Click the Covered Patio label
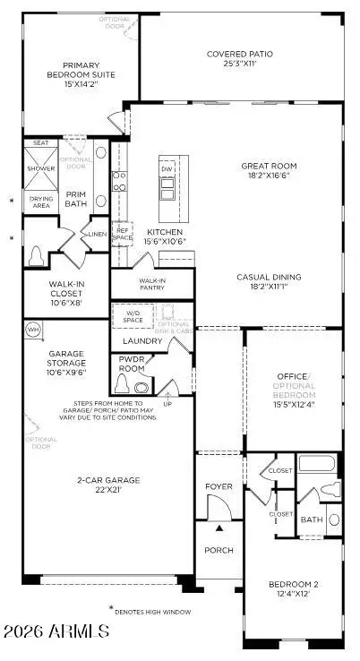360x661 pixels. click(x=240, y=54)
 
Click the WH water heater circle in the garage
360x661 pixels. click(x=34, y=330)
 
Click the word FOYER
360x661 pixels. click(x=219, y=488)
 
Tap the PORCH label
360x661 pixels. click(x=219, y=550)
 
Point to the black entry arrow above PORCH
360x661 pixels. click(x=219, y=531)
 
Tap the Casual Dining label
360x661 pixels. click(x=268, y=277)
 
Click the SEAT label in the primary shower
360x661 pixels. click(x=40, y=142)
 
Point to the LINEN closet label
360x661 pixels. click(x=99, y=234)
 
